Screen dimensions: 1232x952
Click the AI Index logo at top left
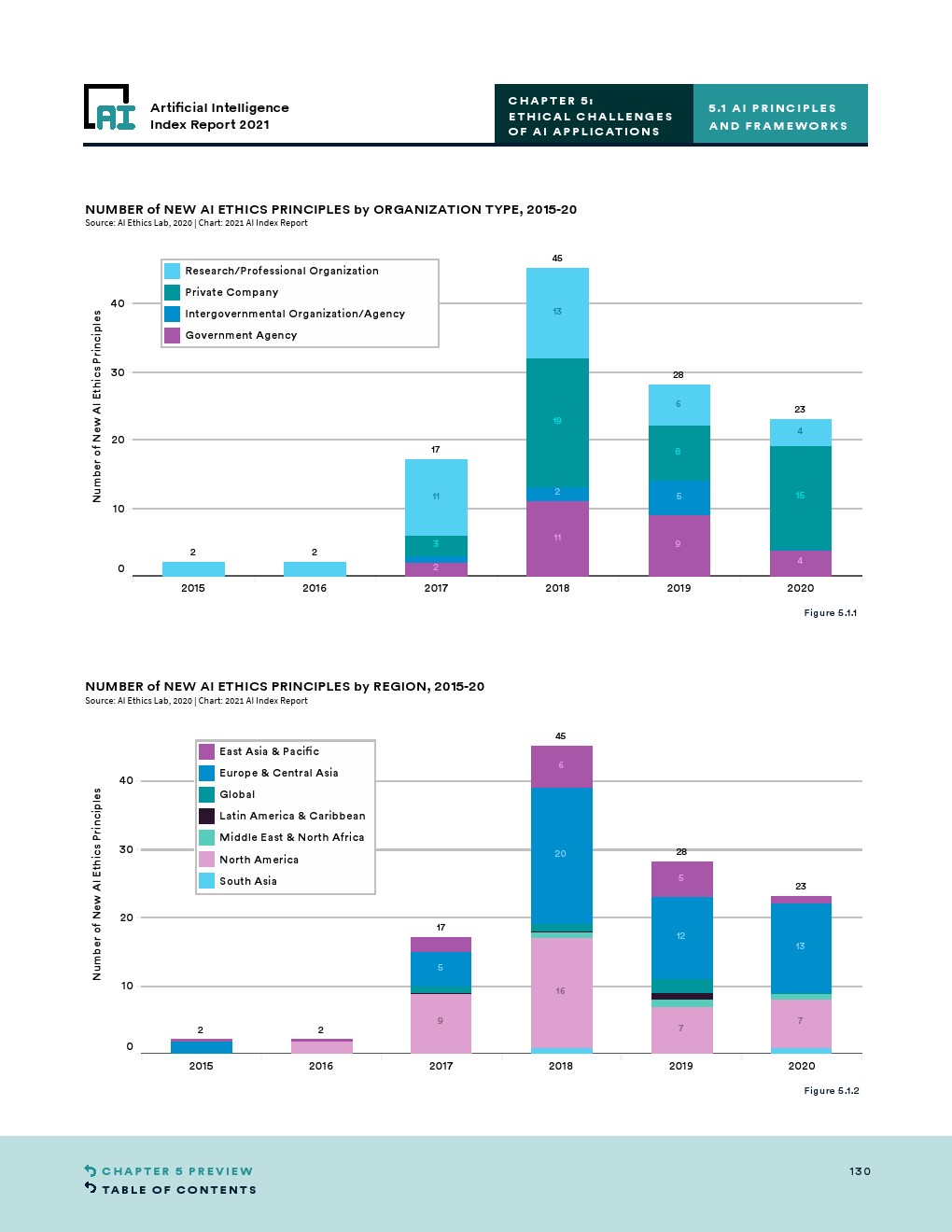[110, 108]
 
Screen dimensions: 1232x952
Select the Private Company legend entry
[231, 292]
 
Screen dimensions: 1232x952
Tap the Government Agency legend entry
[240, 335]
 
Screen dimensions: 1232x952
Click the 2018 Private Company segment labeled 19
[557, 422]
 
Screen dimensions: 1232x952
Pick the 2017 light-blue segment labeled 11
[436, 497]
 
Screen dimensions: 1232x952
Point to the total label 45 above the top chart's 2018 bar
[557, 259]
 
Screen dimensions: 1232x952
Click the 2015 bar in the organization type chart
[193, 569]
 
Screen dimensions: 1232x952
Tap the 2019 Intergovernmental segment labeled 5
[679, 497]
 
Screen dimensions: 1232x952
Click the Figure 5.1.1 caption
[830, 613]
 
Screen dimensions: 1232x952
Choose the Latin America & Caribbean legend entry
[291, 816]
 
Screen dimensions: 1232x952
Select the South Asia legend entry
[247, 881]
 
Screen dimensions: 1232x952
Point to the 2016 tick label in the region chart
[321, 1066]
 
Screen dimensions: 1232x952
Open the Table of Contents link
[178, 1190]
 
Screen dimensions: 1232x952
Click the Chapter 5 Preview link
[176, 1171]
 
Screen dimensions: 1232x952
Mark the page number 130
[860, 1171]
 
